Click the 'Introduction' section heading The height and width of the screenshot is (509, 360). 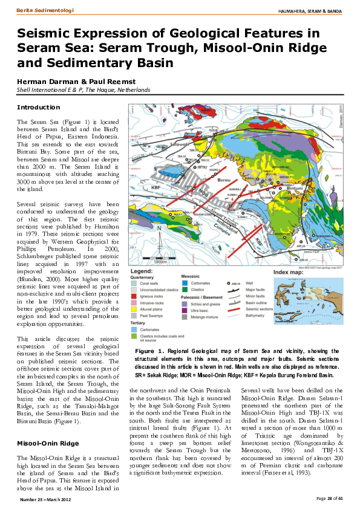38,107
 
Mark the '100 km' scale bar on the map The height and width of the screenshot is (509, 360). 160,261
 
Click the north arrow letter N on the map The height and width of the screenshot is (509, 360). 160,229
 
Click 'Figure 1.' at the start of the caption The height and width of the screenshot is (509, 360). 149,351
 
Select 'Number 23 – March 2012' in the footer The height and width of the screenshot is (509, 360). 45,499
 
